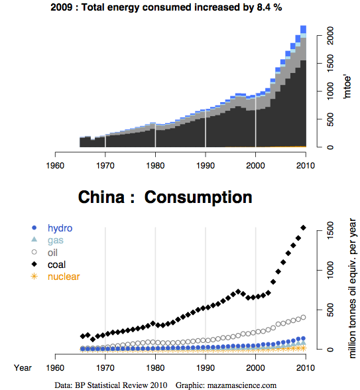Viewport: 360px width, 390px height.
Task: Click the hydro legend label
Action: tap(60, 228)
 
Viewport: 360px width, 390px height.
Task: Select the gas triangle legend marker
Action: tap(34, 239)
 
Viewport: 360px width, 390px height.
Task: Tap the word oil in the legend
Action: tap(52, 253)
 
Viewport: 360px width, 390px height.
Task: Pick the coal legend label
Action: tap(56, 265)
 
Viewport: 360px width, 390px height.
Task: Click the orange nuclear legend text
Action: tap(64, 277)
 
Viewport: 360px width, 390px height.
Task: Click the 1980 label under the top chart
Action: tap(155, 166)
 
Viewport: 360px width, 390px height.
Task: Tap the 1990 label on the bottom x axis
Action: tap(206, 368)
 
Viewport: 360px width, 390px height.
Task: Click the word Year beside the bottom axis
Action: tap(23, 368)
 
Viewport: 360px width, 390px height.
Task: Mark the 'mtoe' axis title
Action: tap(347, 86)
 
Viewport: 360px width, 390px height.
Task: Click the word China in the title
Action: tap(101, 197)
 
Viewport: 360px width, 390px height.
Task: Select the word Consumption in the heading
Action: tap(198, 198)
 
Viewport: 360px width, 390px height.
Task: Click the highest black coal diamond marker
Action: tap(304, 227)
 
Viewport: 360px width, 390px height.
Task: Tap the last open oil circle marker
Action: tap(304, 317)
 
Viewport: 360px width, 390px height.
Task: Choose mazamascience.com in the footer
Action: tap(241, 385)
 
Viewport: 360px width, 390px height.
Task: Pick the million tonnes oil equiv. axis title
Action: tap(353, 289)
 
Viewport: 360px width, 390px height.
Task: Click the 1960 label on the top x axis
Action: tap(55, 166)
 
